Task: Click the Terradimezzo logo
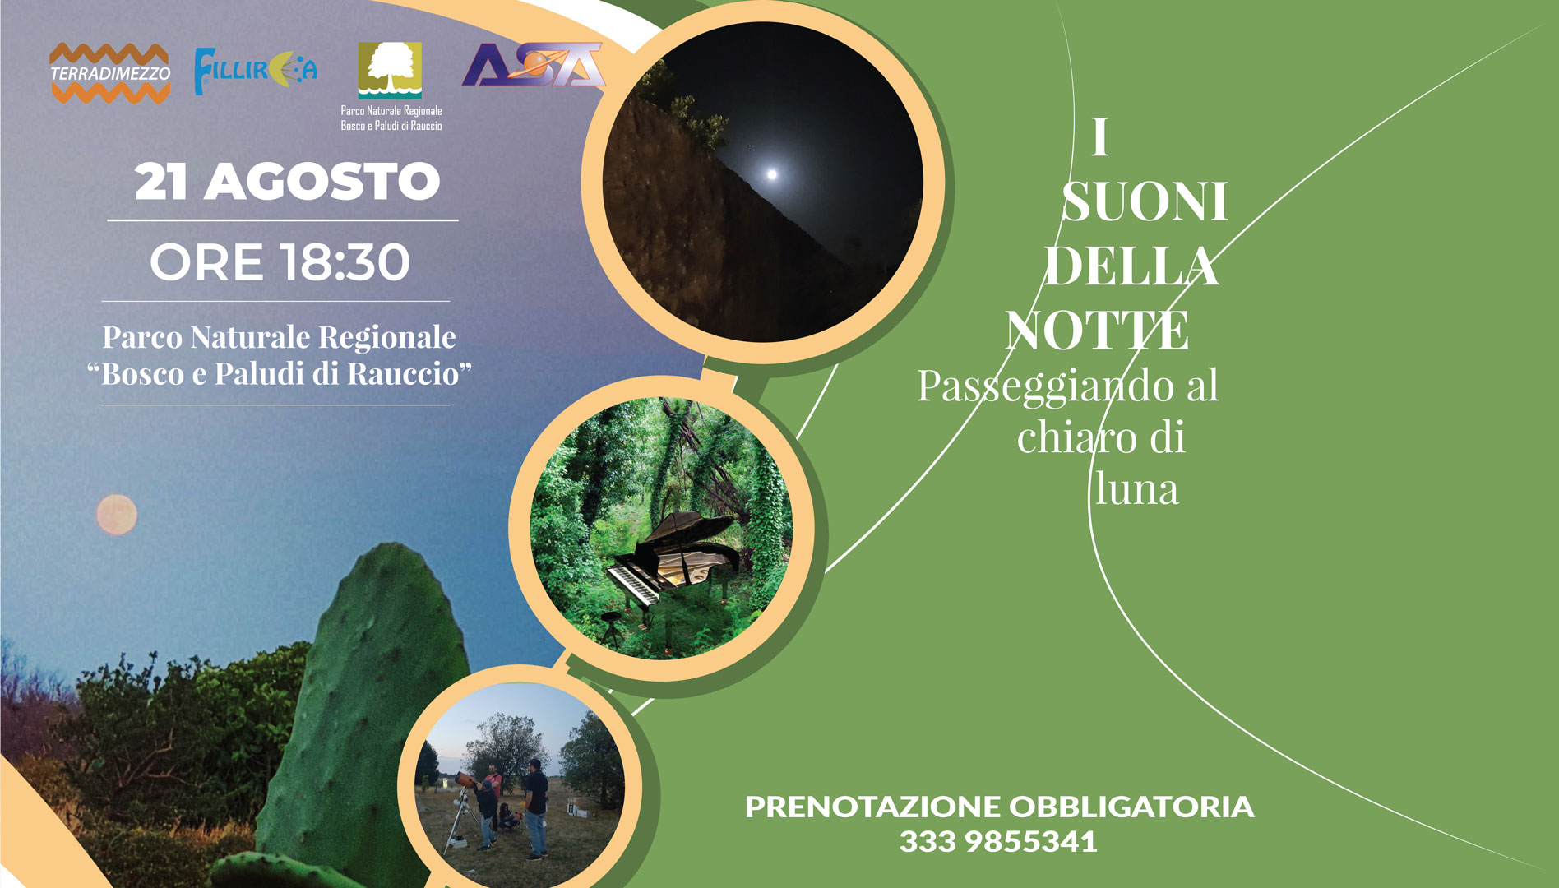tap(110, 73)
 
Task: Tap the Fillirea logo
tap(255, 71)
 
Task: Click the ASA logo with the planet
tap(533, 64)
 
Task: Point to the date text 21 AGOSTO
tap(287, 182)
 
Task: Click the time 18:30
tap(345, 262)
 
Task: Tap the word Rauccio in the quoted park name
tap(403, 373)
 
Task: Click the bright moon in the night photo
tap(772, 173)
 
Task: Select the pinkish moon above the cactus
tap(117, 515)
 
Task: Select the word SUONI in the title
tap(1145, 201)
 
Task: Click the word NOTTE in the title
tap(1097, 331)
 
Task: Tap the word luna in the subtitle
tap(1137, 489)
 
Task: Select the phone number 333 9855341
tap(998, 842)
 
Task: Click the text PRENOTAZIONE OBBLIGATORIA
tap(999, 807)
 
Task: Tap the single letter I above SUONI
tap(1100, 136)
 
